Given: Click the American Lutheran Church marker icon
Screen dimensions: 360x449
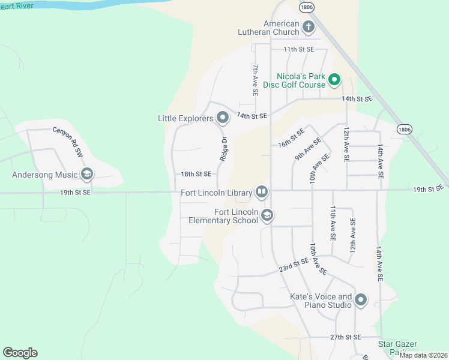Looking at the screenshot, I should pyautogui.click(x=309, y=26).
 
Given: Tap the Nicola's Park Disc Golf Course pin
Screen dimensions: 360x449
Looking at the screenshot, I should pyautogui.click(x=335, y=79).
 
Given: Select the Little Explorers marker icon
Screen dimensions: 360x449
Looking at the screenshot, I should pyautogui.click(x=223, y=118).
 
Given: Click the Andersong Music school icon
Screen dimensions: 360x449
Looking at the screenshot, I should pyautogui.click(x=87, y=175).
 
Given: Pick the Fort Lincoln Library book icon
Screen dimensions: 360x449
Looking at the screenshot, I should pyautogui.click(x=262, y=192).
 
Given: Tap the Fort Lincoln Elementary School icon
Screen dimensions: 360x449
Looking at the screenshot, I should pyautogui.click(x=267, y=215).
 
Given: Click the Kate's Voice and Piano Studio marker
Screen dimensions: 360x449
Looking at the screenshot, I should pyautogui.click(x=361, y=300).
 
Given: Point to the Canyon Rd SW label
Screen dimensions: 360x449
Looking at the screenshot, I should pyautogui.click(x=67, y=142).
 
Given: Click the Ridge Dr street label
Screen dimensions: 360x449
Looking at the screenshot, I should pyautogui.click(x=223, y=149).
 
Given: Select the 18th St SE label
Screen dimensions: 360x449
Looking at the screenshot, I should pyautogui.click(x=196, y=174).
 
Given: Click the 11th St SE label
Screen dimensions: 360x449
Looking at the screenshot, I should pyautogui.click(x=299, y=49).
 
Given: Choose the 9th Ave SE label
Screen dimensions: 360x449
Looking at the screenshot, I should pyautogui.click(x=307, y=149).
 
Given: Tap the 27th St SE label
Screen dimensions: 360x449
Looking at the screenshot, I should pyautogui.click(x=345, y=338).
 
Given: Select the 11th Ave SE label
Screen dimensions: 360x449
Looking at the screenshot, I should pyautogui.click(x=333, y=223).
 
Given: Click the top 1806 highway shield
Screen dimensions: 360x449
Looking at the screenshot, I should pyautogui.click(x=307, y=7).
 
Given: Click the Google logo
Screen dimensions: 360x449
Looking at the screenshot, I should pyautogui.click(x=20, y=353).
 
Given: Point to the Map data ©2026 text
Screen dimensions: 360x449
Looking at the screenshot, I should pyautogui.click(x=423, y=355).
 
